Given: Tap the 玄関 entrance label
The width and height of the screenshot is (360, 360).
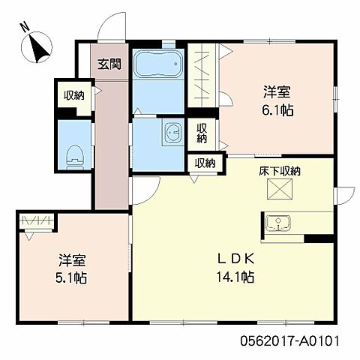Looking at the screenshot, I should pos(109,64).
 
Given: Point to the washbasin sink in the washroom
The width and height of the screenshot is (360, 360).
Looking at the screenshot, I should pos(171,134).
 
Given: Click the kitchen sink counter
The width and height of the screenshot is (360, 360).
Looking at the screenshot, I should pos(286,223).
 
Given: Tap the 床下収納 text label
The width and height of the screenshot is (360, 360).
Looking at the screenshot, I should pos(280,171).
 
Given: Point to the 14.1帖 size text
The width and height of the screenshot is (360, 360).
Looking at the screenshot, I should pos(237,277).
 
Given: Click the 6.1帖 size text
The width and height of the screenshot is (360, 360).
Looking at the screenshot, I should pos(277,109).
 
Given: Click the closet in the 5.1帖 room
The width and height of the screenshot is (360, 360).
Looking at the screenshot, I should pos(37,221).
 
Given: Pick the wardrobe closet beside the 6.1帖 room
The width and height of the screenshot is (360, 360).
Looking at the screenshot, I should pos(201,79).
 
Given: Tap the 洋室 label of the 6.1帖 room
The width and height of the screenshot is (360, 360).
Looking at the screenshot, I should pos(277,92).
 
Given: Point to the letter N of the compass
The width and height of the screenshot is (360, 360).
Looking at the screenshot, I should pos(25,28).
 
